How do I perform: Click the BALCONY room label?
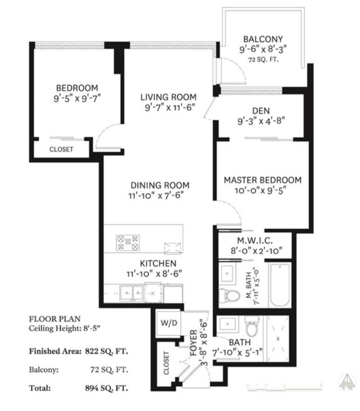point(263,39)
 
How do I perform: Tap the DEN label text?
point(261,111)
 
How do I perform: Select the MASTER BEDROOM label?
point(262,180)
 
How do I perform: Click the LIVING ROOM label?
point(168,97)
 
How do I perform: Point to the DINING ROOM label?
point(160,185)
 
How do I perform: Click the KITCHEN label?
point(158,263)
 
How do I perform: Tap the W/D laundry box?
point(168,324)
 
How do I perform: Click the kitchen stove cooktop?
point(128,243)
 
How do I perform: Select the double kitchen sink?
point(131,293)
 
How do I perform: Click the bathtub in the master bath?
point(280,285)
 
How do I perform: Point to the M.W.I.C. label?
point(255,240)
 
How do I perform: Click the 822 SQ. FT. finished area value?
point(106,351)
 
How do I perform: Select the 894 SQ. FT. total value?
point(106,388)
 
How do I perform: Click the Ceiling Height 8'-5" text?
point(65,329)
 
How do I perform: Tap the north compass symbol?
point(347,382)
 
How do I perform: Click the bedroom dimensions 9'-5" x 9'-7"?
point(77,99)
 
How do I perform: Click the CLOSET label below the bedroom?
point(61,149)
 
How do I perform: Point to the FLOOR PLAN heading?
point(55,319)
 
